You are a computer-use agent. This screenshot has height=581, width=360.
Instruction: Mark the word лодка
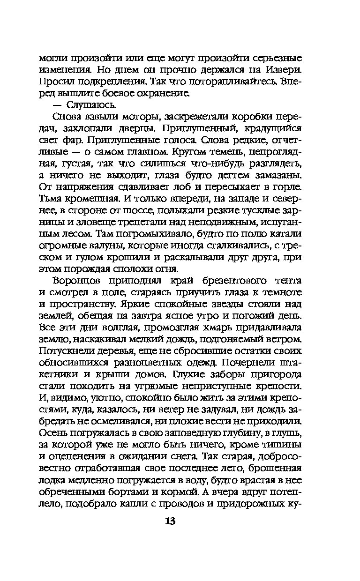pos(52,480)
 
